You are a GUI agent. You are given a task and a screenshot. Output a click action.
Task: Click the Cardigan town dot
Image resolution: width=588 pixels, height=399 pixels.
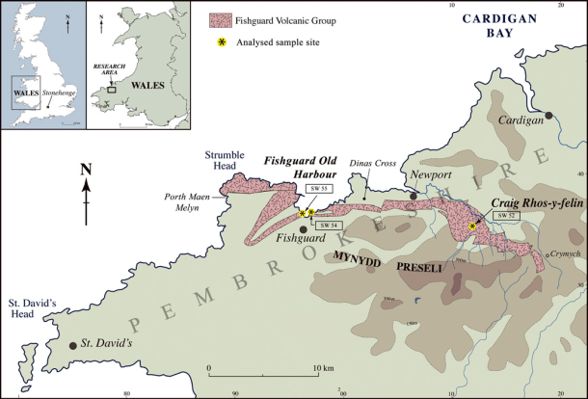coord(548,116)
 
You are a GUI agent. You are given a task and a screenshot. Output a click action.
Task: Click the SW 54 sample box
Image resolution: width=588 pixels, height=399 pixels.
coord(331,225)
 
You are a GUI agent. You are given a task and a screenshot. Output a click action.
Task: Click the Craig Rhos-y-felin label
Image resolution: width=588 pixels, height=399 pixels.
coord(535,202)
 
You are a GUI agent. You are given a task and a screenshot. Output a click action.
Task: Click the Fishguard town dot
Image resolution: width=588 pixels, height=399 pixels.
coord(304,229)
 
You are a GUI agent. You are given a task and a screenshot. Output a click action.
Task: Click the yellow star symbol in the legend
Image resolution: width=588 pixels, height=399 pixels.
coord(220,43)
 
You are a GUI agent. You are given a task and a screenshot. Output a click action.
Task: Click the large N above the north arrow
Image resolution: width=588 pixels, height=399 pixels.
coord(86,170)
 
